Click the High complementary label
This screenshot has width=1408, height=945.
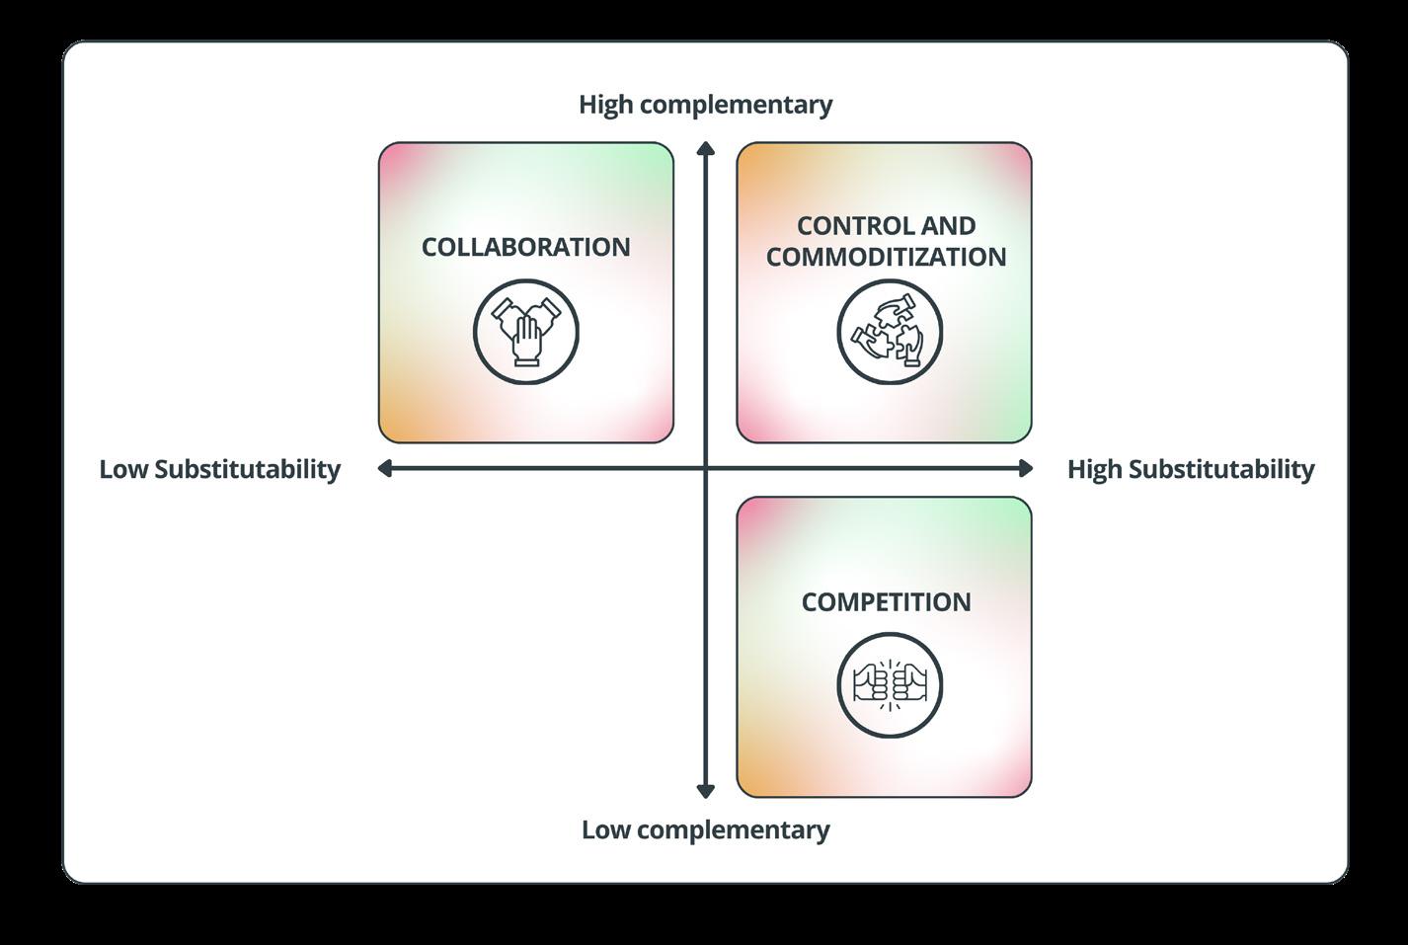click(x=705, y=105)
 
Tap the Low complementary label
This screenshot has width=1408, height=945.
click(x=705, y=829)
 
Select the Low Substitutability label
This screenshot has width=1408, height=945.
click(x=219, y=469)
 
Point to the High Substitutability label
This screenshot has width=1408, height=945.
click(x=1190, y=469)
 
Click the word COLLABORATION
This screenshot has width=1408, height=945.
click(x=525, y=247)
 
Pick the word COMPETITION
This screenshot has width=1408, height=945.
click(x=886, y=602)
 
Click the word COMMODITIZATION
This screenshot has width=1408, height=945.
click(x=886, y=257)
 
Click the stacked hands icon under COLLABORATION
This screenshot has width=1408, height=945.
click(x=526, y=331)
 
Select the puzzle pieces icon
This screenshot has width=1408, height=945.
click(x=889, y=331)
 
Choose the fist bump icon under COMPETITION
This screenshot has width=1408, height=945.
click(x=889, y=685)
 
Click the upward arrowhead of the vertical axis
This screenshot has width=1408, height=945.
click(x=705, y=149)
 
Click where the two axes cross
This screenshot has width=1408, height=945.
click(x=705, y=468)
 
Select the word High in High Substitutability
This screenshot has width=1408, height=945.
click(x=1094, y=469)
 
